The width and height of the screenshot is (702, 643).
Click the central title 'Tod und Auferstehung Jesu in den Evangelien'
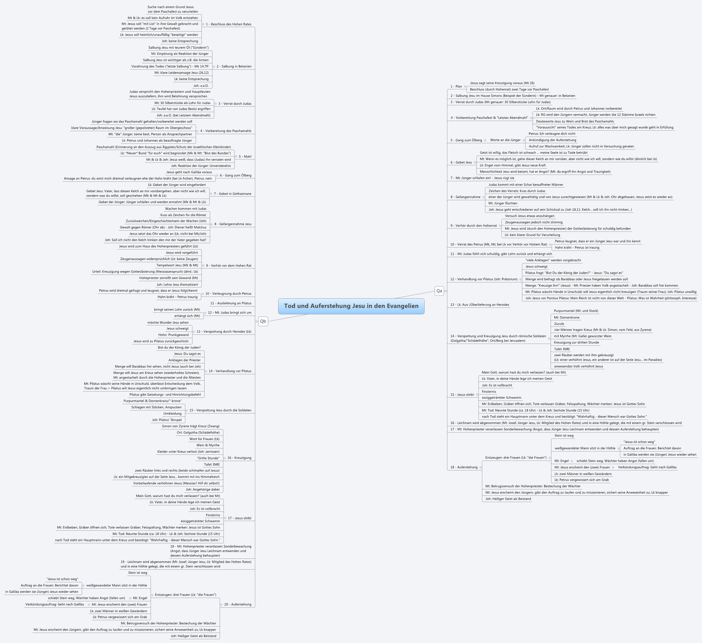coord(351,306)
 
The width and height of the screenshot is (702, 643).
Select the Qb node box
coord(263,321)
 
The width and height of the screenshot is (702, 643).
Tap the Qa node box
coord(439,291)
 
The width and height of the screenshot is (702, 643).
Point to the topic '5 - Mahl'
coord(245,157)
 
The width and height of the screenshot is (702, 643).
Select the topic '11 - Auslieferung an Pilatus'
coord(231,303)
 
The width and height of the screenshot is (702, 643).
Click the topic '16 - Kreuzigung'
coord(239,458)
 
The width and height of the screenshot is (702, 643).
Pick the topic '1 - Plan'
coord(456,86)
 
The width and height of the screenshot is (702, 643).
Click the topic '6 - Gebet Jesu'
coord(461,162)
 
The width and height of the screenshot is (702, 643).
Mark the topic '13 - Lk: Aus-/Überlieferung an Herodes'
coord(479,305)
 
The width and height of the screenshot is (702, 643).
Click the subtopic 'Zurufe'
coord(559,324)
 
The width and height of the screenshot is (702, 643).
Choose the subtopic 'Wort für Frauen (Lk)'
coord(204,439)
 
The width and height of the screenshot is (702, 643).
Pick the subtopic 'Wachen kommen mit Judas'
coord(186,209)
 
